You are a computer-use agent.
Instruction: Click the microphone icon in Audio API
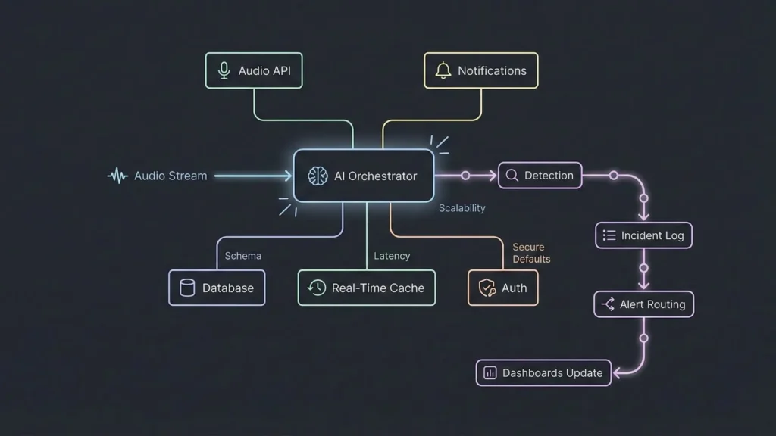(224, 70)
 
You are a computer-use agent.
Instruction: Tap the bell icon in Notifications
(443, 70)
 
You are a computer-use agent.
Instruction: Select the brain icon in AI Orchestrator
(318, 176)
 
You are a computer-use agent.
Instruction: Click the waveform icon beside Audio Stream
(117, 176)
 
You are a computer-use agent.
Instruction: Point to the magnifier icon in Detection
(512, 176)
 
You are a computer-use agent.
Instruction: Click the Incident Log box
(643, 235)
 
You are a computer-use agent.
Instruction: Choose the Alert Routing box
(643, 304)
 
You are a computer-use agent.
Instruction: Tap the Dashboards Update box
(543, 372)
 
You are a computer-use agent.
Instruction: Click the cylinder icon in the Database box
(187, 288)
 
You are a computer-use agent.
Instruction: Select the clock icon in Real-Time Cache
(317, 288)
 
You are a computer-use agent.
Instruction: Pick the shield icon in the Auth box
(487, 288)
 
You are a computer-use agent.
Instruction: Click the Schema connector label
(242, 256)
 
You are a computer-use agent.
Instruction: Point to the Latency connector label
(392, 256)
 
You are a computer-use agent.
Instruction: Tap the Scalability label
(462, 208)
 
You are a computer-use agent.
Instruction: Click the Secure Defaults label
(530, 253)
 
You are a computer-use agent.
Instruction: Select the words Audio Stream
(171, 176)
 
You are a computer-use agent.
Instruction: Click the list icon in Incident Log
(609, 235)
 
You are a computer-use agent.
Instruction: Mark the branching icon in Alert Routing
(608, 304)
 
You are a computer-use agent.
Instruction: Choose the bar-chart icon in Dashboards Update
(490, 372)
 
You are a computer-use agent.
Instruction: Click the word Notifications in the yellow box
(492, 70)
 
